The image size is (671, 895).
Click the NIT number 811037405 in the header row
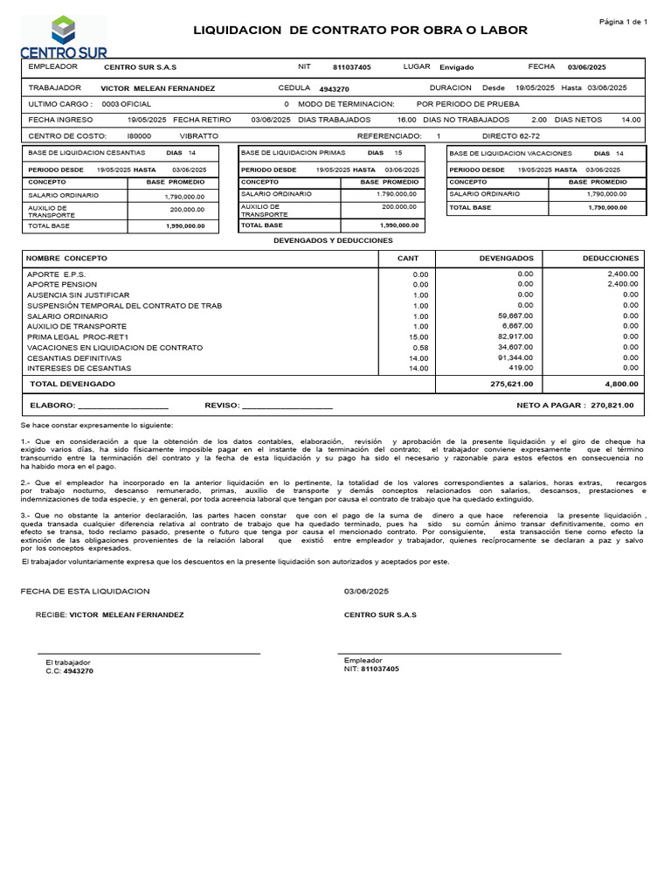point(352,67)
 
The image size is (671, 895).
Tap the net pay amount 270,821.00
point(612,406)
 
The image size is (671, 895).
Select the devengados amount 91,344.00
point(515,357)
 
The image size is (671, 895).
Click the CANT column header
point(408,259)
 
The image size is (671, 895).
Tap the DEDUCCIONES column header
point(611,259)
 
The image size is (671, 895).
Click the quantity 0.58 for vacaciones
point(420,347)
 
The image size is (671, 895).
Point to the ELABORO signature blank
point(123,407)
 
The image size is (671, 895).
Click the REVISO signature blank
point(287,407)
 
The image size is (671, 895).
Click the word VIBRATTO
point(198,136)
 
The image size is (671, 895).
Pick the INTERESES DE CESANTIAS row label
point(80,368)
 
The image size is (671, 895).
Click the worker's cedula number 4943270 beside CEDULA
point(335,89)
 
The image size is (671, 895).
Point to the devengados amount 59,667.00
point(515,316)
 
